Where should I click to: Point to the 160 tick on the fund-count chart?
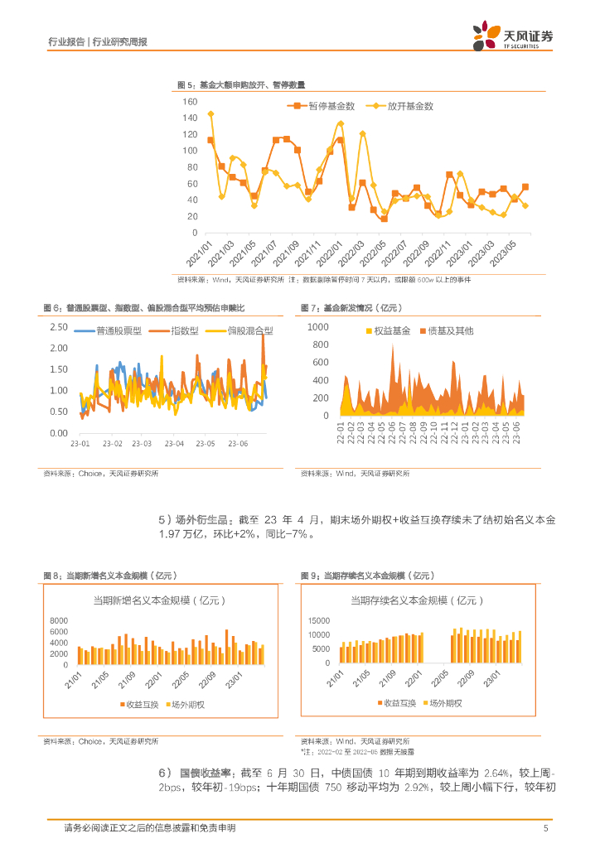[x=189, y=102]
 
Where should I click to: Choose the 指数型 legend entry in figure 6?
[x=185, y=330]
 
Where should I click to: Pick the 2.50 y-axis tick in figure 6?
[x=58, y=327]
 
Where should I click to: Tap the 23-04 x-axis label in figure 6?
[x=174, y=445]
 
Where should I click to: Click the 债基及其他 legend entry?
[x=451, y=330]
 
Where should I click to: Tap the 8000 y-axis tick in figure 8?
[x=58, y=621]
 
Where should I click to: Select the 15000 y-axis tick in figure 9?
[x=318, y=621]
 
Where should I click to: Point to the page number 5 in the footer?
[x=544, y=827]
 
